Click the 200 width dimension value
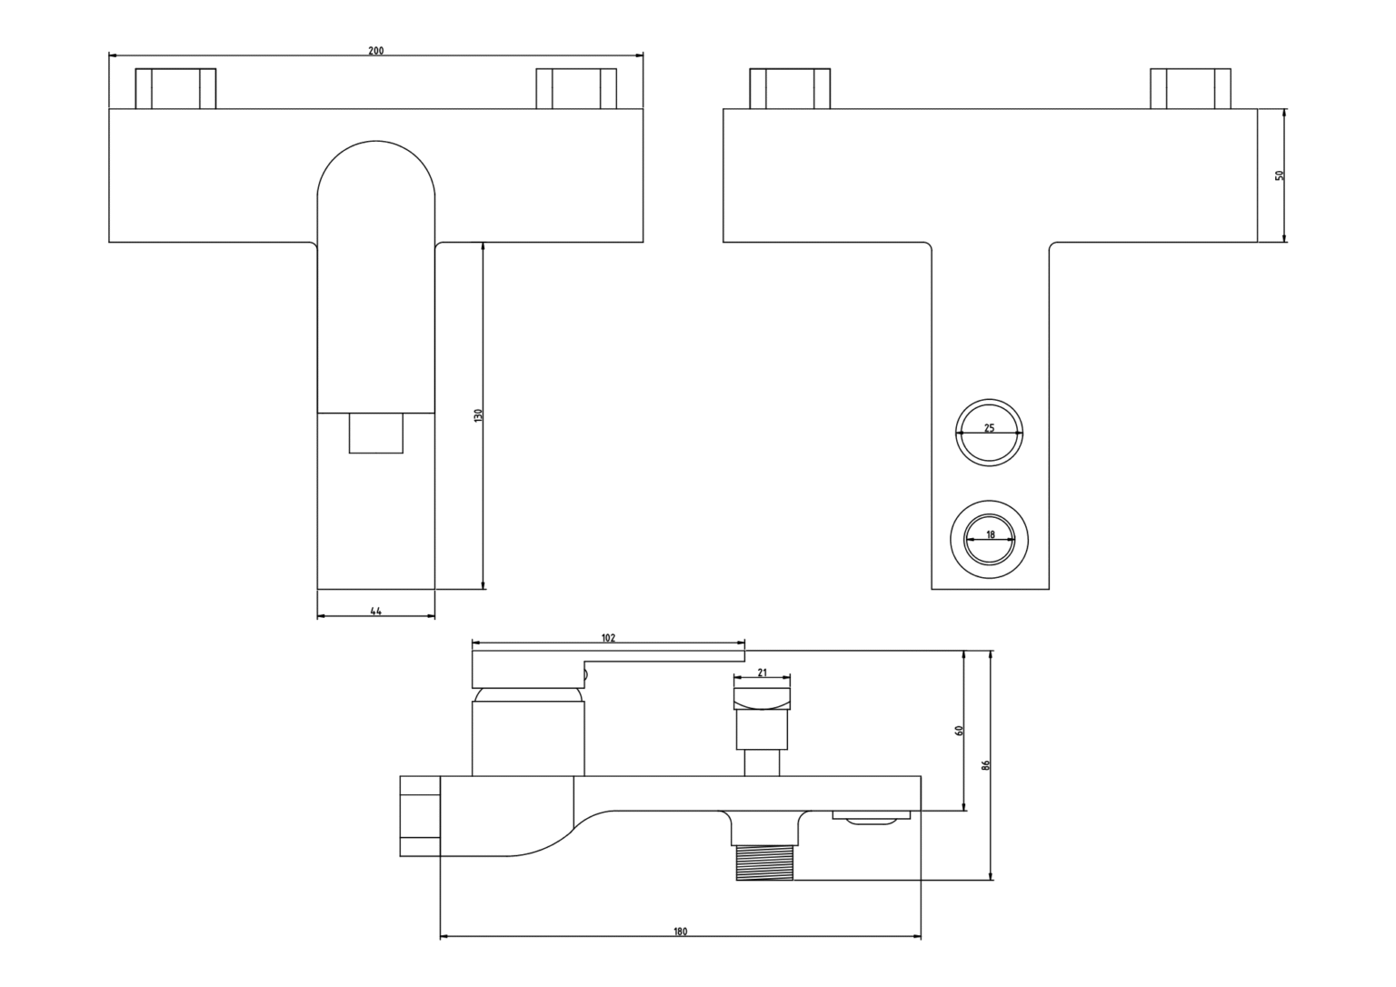click(375, 51)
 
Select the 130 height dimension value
click(478, 415)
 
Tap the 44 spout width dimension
click(375, 612)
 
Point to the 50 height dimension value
click(1280, 175)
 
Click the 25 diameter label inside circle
click(989, 428)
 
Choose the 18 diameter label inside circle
click(991, 534)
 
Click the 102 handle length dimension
click(608, 637)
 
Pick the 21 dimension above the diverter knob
click(763, 673)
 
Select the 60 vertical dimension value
click(959, 731)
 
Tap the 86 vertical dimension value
click(985, 765)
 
